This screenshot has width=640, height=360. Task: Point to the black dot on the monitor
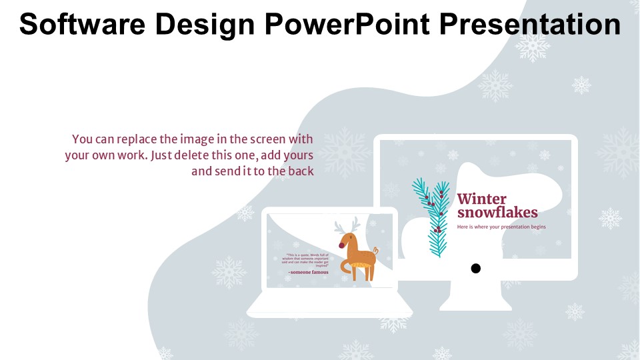475,269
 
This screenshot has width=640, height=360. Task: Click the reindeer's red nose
343,245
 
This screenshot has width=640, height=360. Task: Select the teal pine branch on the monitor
432,217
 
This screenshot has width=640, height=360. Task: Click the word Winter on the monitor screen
481,199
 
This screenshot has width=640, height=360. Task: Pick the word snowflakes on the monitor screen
497,213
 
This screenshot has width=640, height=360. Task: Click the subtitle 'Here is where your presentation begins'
501,227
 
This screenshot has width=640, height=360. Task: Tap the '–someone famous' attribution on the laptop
308,272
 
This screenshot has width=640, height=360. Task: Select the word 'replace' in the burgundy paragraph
137,139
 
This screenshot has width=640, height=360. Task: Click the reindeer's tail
376,251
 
